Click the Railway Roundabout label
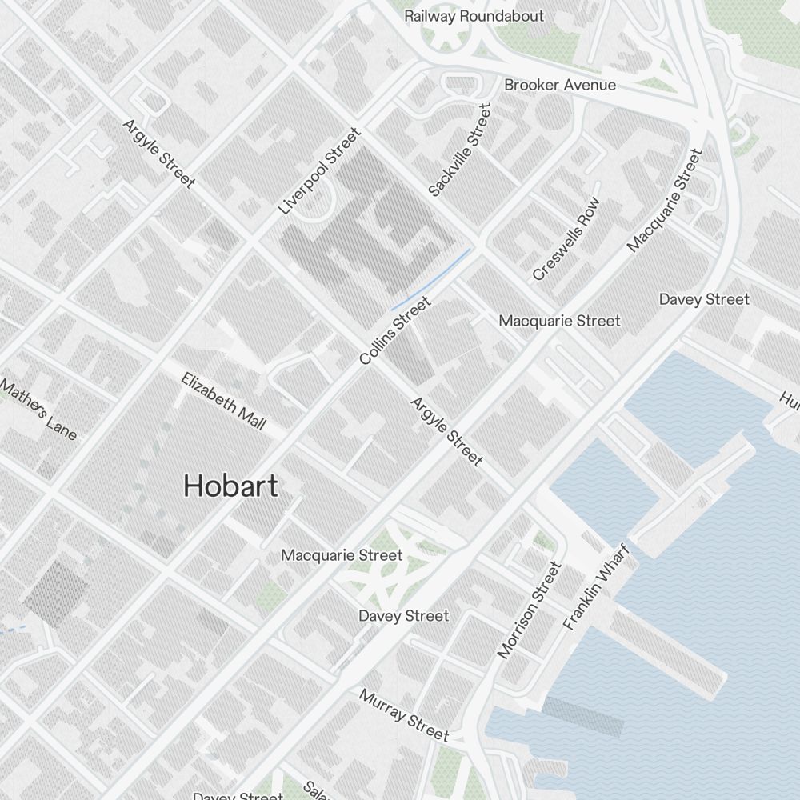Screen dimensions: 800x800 tap(474, 16)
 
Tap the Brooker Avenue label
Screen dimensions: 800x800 tap(560, 85)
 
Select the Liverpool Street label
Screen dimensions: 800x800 tap(320, 171)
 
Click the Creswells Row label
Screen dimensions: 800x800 tap(566, 239)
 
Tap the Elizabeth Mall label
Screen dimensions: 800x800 tap(223, 401)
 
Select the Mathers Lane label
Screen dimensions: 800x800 tap(38, 409)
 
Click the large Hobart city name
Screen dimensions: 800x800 tap(230, 486)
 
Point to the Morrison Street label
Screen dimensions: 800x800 tap(529, 610)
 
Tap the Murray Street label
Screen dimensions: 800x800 tap(404, 714)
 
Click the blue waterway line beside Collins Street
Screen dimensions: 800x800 tap(432, 280)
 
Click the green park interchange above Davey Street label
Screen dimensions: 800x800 tap(384, 572)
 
